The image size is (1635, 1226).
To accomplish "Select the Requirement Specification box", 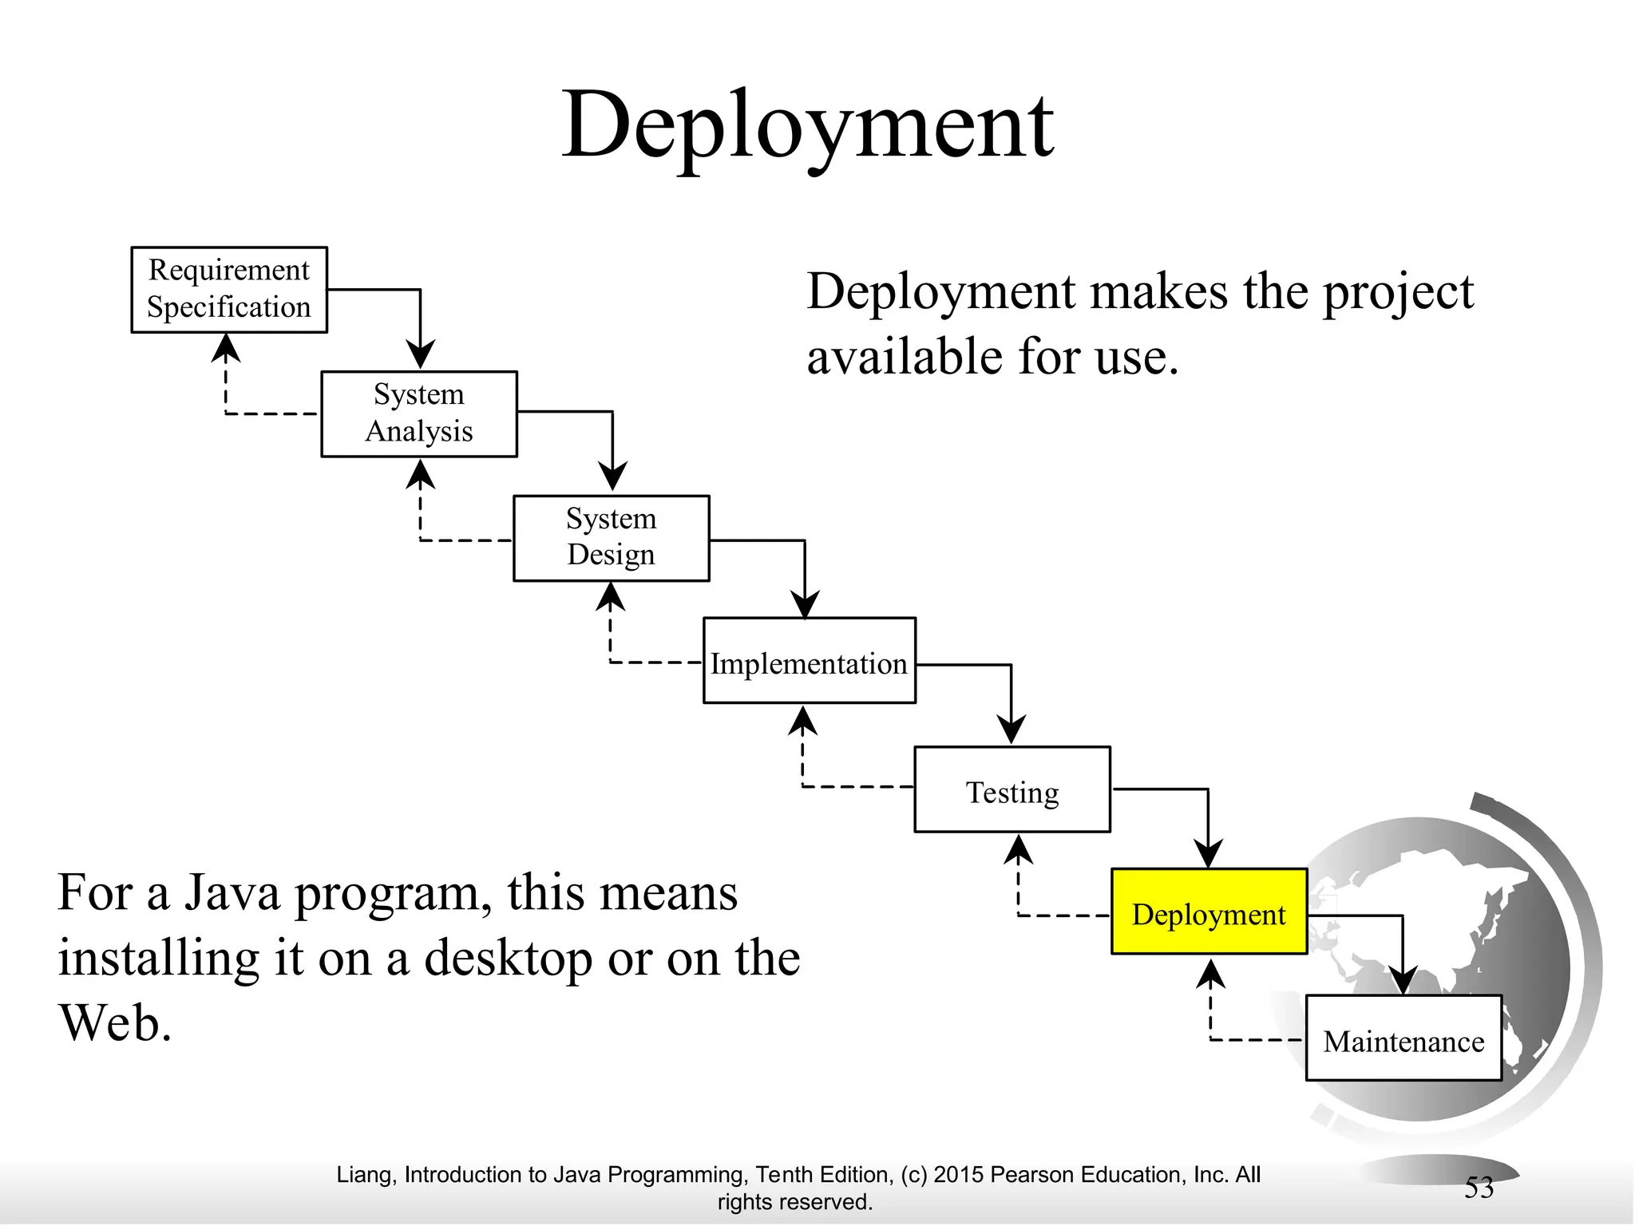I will click(229, 289).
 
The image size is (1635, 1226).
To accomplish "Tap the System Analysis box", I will click(419, 413).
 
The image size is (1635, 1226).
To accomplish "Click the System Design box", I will click(611, 537).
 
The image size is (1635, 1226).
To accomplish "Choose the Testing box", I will click(1011, 789).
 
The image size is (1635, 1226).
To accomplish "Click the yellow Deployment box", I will click(1209, 912).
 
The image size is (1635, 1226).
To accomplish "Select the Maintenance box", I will click(1403, 1038).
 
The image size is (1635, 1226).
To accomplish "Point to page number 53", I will click(1479, 1188).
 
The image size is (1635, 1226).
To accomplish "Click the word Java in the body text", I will click(232, 893).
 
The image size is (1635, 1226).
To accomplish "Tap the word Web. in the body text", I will click(115, 1022).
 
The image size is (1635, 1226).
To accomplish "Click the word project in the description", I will click(1398, 292).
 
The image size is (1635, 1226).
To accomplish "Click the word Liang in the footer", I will click(363, 1175).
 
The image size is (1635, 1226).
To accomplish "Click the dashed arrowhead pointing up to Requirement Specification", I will click(227, 347).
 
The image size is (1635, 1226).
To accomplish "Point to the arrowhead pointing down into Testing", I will click(1011, 730).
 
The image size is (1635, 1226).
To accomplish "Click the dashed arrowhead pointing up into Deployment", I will click(1211, 974).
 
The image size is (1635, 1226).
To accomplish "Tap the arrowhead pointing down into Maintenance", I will click(1403, 979).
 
